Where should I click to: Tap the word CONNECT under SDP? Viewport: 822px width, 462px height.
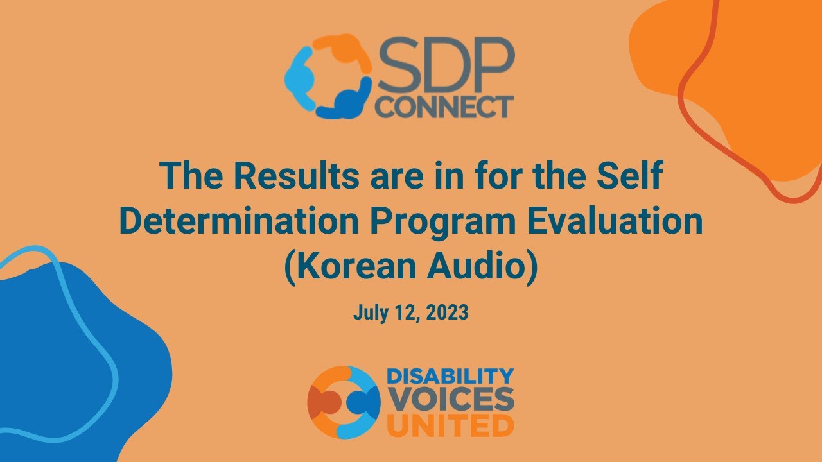[x=444, y=107]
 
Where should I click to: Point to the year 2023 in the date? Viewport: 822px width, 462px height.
[x=446, y=313]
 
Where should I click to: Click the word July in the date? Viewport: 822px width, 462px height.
[x=368, y=313]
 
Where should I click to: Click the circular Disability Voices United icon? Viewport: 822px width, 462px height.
[x=344, y=402]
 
